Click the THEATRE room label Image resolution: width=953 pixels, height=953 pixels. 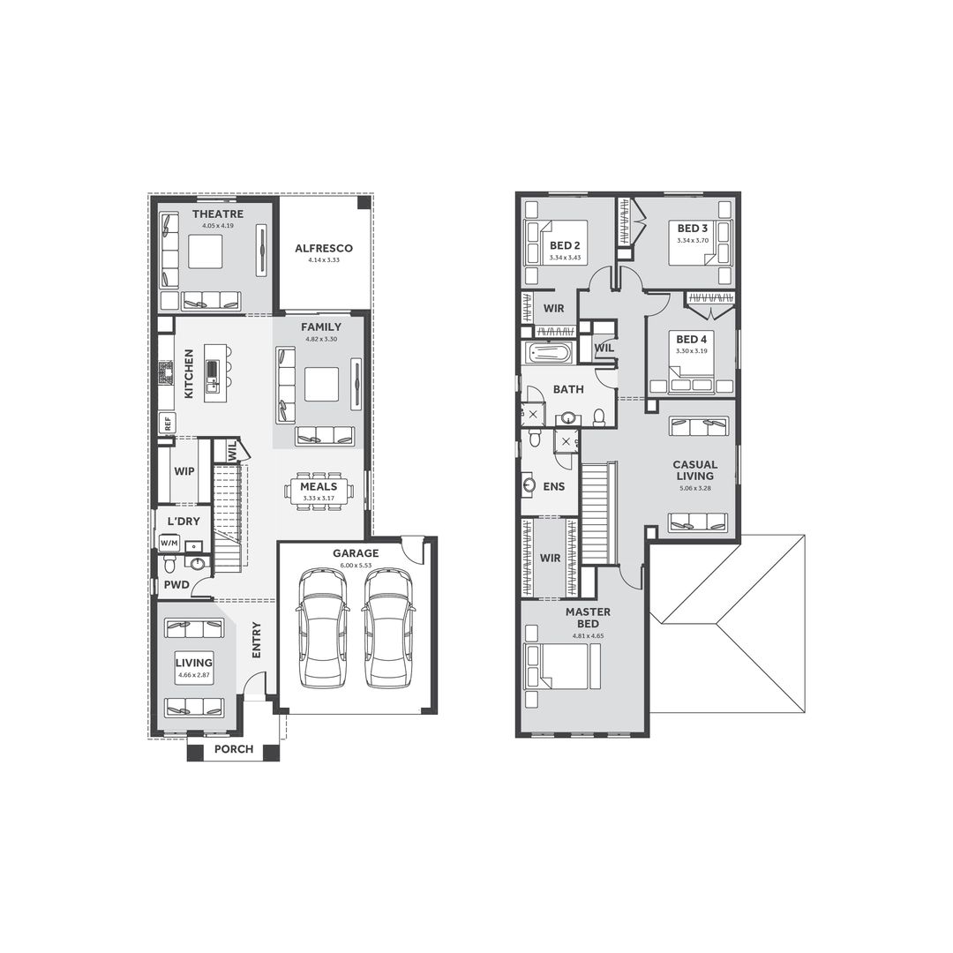tap(217, 214)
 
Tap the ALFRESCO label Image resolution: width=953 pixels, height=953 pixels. tap(324, 249)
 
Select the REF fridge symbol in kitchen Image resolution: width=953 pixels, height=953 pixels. tap(167, 423)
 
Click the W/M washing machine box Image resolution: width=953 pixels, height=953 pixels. tap(169, 542)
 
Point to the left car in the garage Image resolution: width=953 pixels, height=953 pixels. tap(322, 627)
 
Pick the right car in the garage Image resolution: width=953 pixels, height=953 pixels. tap(389, 627)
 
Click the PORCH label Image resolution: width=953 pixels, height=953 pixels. tap(234, 749)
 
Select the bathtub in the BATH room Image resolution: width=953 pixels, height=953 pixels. tap(549, 354)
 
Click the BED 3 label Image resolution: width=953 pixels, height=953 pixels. tap(692, 228)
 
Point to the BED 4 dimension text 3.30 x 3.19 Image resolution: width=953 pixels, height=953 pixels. tap(691, 351)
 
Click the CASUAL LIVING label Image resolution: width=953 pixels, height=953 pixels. tap(695, 470)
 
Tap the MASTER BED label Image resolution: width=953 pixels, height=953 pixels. tap(589, 618)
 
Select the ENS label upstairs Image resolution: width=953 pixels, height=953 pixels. tap(553, 486)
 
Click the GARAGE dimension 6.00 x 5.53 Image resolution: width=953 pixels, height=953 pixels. tap(356, 564)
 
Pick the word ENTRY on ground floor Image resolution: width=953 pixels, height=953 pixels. tap(257, 640)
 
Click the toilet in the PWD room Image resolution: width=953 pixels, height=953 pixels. tap(170, 563)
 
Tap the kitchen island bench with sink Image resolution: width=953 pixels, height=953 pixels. tap(212, 380)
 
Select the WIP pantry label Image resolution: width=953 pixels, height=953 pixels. tap(184, 471)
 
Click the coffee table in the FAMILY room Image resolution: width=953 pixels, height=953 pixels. tap(321, 384)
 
